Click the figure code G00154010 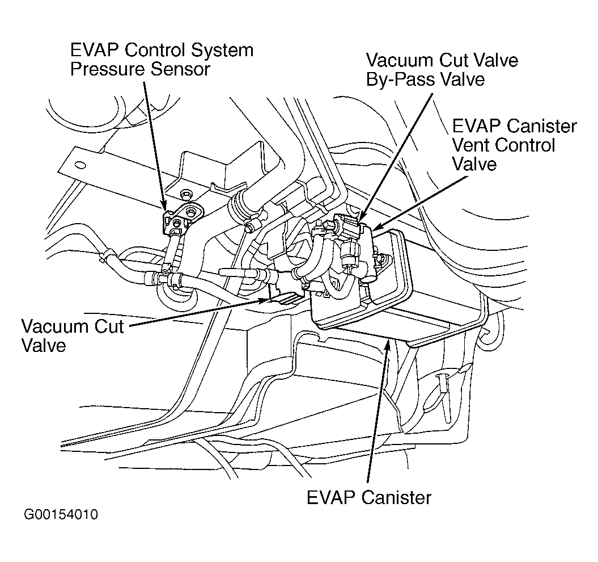point(61,514)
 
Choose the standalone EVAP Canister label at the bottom point(369,497)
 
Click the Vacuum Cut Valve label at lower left point(73,336)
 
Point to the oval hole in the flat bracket point(80,165)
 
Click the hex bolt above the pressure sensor point(186,194)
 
